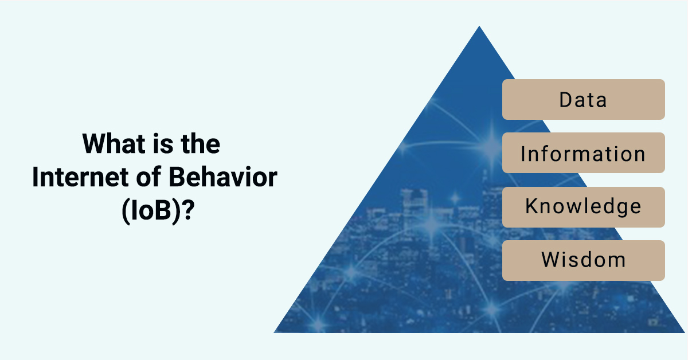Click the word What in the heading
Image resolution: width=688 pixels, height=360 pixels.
[x=114, y=143]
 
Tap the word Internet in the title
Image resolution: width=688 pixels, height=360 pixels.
[x=80, y=177]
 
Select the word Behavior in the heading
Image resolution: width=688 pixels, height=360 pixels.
[x=223, y=177]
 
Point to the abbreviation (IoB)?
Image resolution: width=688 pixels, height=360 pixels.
[x=158, y=211]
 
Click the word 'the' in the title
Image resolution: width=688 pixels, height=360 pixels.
[x=200, y=143]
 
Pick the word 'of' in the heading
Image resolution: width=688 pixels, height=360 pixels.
[x=148, y=177]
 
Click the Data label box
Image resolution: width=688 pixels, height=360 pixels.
[x=584, y=100]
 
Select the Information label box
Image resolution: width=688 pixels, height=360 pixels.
[x=584, y=152]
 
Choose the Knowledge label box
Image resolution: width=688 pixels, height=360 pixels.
[x=584, y=207]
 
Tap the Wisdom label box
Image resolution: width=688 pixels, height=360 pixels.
[x=584, y=260]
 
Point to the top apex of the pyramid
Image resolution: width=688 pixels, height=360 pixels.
[x=479, y=26]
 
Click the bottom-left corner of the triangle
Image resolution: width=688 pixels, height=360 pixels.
[x=274, y=332]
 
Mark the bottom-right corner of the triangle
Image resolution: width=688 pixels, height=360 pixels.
[x=685, y=332]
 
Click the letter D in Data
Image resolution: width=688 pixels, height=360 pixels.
[x=566, y=100]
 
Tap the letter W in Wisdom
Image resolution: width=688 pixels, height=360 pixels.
[x=552, y=260]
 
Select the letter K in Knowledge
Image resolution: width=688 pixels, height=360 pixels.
[x=532, y=206]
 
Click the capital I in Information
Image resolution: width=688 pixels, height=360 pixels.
[x=523, y=154]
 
